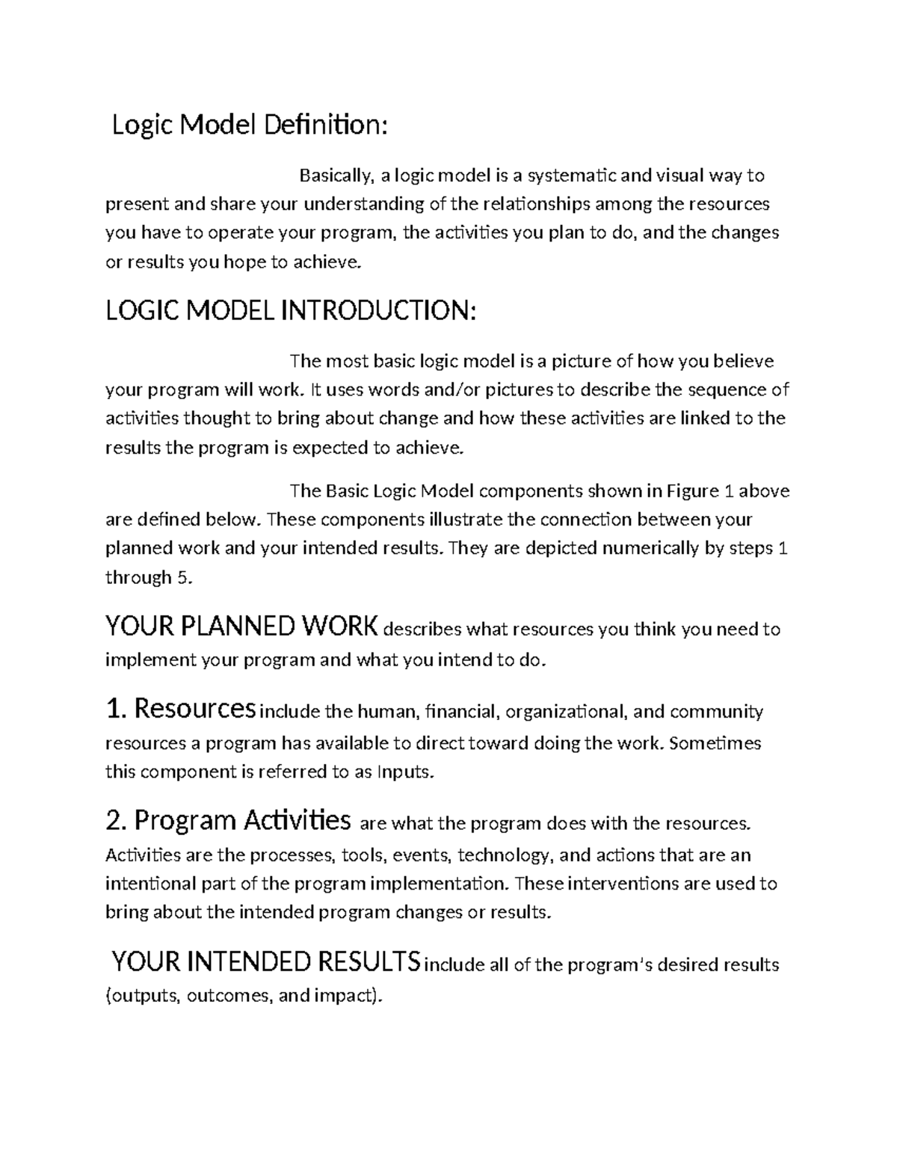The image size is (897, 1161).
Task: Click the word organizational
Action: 566,711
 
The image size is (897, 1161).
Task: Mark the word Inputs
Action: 405,772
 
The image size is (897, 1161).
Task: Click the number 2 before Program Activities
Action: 114,821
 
